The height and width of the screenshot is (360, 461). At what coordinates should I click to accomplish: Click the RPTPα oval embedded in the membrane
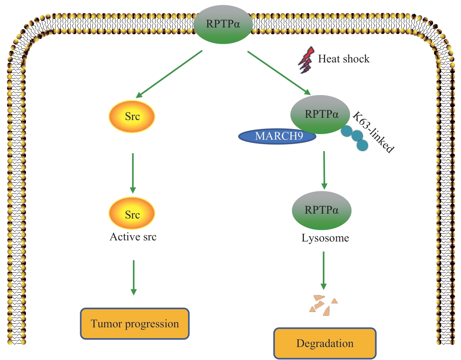(x=223, y=25)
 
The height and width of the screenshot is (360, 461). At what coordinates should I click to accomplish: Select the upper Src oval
(x=132, y=117)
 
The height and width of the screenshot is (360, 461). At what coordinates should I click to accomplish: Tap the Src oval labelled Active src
(x=132, y=214)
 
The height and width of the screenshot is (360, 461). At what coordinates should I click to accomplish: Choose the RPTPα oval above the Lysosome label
(x=321, y=210)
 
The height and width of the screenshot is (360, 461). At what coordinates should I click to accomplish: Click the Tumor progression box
(x=135, y=324)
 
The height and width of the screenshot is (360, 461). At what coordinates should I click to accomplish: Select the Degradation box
(x=325, y=343)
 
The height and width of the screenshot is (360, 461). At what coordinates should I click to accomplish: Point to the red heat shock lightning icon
(x=306, y=60)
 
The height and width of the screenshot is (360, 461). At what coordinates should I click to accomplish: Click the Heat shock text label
(x=344, y=59)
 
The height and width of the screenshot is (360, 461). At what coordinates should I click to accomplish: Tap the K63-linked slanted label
(x=373, y=132)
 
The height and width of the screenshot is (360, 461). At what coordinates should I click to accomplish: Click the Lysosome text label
(x=325, y=238)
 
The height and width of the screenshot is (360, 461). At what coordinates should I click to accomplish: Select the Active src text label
(x=133, y=237)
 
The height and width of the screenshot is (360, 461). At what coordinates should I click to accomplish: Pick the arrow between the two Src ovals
(x=133, y=173)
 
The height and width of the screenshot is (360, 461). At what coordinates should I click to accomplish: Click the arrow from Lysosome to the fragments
(x=324, y=270)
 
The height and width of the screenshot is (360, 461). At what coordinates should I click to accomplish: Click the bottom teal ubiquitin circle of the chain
(x=362, y=145)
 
